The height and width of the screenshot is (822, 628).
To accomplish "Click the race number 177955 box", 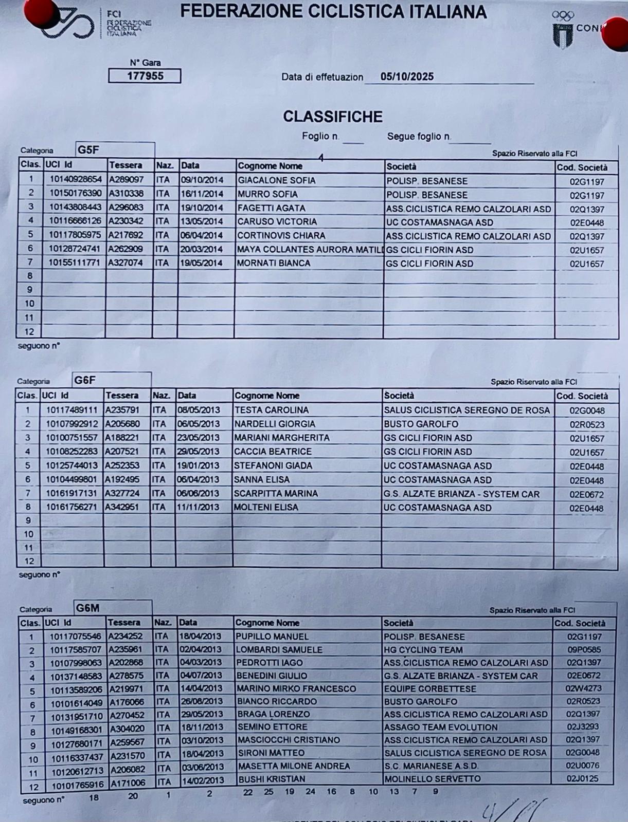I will click(x=145, y=76).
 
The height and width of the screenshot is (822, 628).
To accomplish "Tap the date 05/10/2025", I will click(x=407, y=77).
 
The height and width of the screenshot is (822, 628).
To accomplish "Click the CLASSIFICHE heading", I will click(x=333, y=117).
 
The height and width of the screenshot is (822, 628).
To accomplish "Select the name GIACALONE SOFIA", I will click(x=276, y=180).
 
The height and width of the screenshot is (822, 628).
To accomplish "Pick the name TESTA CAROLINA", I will click(x=272, y=410).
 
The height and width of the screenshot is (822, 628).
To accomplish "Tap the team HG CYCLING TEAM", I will click(x=423, y=650).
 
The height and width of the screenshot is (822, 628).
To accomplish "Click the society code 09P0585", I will click(x=584, y=650).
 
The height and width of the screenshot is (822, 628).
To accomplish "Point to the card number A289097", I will click(x=126, y=180).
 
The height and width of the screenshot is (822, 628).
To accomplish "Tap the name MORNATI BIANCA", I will click(x=274, y=263).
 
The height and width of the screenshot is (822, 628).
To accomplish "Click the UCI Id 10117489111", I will click(x=71, y=410).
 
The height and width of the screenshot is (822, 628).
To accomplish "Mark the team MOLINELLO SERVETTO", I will click(x=433, y=779).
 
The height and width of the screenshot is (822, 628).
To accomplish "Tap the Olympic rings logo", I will click(x=563, y=16).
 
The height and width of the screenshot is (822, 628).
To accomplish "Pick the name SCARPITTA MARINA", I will click(x=276, y=494).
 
